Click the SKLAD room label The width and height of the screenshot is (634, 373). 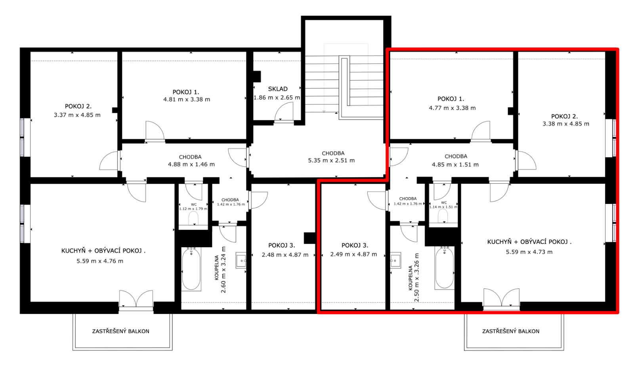point(278,89)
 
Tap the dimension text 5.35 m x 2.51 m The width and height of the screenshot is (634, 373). point(331,160)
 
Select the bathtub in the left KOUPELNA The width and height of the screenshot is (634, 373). point(191,269)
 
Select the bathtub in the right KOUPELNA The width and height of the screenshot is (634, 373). point(444,268)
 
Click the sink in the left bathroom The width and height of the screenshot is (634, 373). point(241,260)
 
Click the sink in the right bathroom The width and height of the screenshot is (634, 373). point(395,260)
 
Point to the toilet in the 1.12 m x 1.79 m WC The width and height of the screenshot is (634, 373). point(193,218)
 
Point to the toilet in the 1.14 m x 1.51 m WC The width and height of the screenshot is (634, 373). point(443,216)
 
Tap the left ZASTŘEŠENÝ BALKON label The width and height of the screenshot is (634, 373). point(120,331)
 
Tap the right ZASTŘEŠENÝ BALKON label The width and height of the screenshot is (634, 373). point(511,331)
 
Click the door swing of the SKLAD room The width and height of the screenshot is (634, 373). point(284,112)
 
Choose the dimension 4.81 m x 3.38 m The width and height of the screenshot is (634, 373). point(187,100)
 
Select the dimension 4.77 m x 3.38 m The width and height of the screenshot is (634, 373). point(452,108)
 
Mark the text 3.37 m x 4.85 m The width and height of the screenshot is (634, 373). point(77,115)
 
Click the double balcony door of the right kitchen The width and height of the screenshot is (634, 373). point(501,297)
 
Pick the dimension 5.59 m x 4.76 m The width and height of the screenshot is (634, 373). point(99,261)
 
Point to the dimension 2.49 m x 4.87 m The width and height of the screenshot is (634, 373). point(353,254)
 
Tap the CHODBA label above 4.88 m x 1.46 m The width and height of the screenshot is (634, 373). point(190,157)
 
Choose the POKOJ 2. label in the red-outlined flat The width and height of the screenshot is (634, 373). point(564,116)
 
